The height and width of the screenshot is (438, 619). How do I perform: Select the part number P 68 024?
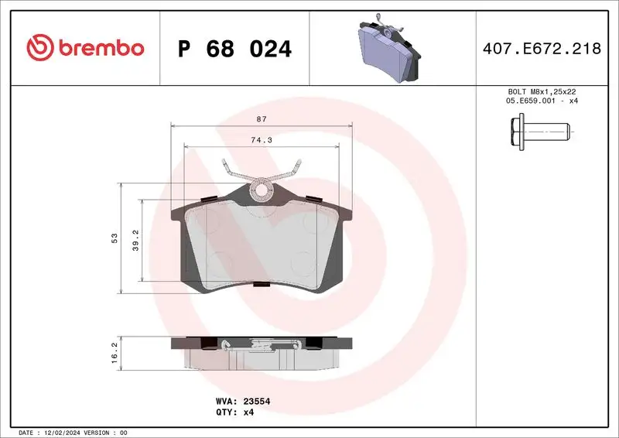(x=234, y=50)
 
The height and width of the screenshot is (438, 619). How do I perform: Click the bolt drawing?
(x=539, y=132)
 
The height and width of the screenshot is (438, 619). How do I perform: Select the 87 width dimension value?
(x=261, y=118)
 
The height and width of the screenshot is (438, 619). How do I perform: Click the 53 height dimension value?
(x=114, y=238)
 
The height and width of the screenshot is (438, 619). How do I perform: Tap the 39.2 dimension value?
(x=135, y=238)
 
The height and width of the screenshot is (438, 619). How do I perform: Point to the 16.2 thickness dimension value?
(x=114, y=353)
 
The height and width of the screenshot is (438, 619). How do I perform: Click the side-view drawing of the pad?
(x=262, y=352)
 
